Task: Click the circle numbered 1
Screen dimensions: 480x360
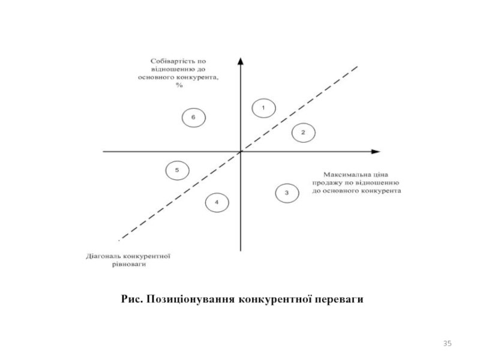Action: point(263,108)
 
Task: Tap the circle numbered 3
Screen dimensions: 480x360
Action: point(287,193)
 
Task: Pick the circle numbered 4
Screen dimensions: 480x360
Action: point(217,203)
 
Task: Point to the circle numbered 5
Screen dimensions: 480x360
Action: point(177,171)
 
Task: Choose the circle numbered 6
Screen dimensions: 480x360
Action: point(193,118)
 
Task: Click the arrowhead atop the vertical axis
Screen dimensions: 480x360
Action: point(241,61)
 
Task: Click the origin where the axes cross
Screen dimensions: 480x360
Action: point(241,152)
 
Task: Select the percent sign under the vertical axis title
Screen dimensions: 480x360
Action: point(179,85)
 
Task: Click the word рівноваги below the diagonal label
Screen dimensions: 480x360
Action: point(128,264)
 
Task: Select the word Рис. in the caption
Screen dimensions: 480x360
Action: point(131,298)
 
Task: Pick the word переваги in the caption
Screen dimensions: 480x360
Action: point(342,298)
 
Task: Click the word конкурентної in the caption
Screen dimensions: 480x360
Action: point(277,298)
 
